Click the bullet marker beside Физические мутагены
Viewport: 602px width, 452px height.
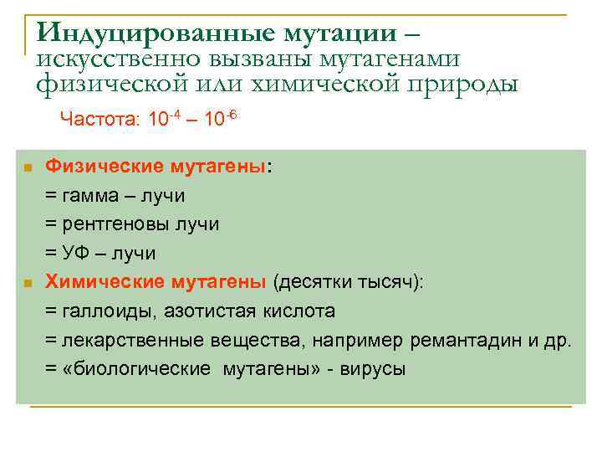click(27, 168)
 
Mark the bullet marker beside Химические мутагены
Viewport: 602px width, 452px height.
click(27, 284)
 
